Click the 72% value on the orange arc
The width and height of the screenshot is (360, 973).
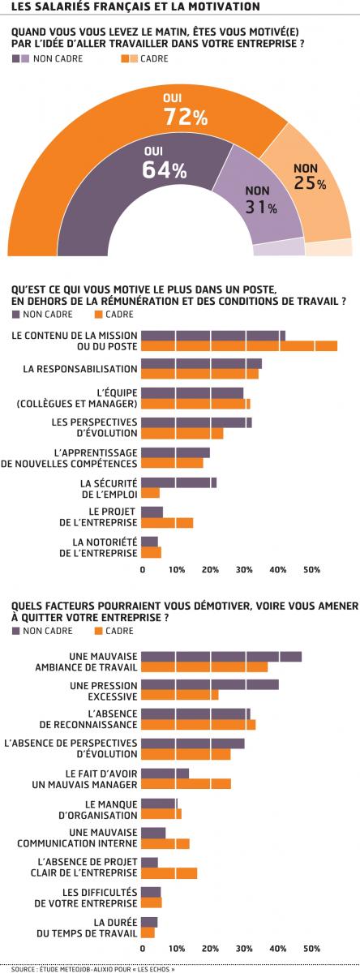[x=186, y=117]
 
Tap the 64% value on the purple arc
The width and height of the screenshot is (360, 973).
[x=165, y=169]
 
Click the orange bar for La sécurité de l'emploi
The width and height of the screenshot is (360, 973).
[x=151, y=493]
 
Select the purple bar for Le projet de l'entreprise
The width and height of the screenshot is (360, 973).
[x=152, y=512]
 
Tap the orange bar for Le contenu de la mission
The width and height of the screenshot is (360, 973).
[x=239, y=345]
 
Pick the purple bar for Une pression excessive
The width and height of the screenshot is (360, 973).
[x=210, y=684]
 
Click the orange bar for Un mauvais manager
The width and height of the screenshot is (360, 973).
[x=186, y=783]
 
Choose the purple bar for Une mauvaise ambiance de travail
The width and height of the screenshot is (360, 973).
[x=221, y=656]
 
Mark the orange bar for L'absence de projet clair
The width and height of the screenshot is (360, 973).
[x=169, y=873]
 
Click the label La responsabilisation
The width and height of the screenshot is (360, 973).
[x=80, y=369]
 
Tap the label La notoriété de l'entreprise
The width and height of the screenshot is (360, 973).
[x=98, y=547]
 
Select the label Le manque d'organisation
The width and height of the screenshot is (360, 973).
[x=98, y=810]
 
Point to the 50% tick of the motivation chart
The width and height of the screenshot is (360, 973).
[x=312, y=569]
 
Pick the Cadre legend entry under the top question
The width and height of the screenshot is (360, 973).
[x=144, y=58]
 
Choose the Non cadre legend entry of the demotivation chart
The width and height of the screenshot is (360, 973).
[x=42, y=631]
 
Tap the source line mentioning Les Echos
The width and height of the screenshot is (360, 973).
[x=93, y=969]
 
